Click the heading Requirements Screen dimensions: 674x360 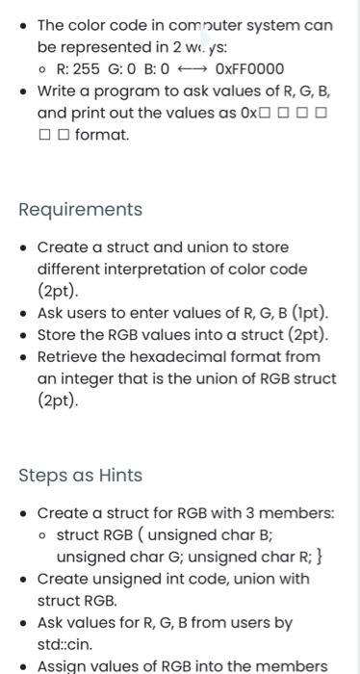81,210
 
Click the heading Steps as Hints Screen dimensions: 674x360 81,476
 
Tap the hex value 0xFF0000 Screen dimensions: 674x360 250,69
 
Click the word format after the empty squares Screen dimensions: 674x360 101,135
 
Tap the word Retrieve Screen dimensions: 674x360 67,357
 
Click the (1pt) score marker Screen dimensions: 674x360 304,313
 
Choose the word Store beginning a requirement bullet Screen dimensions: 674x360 57,335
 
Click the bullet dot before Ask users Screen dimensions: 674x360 24,313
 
